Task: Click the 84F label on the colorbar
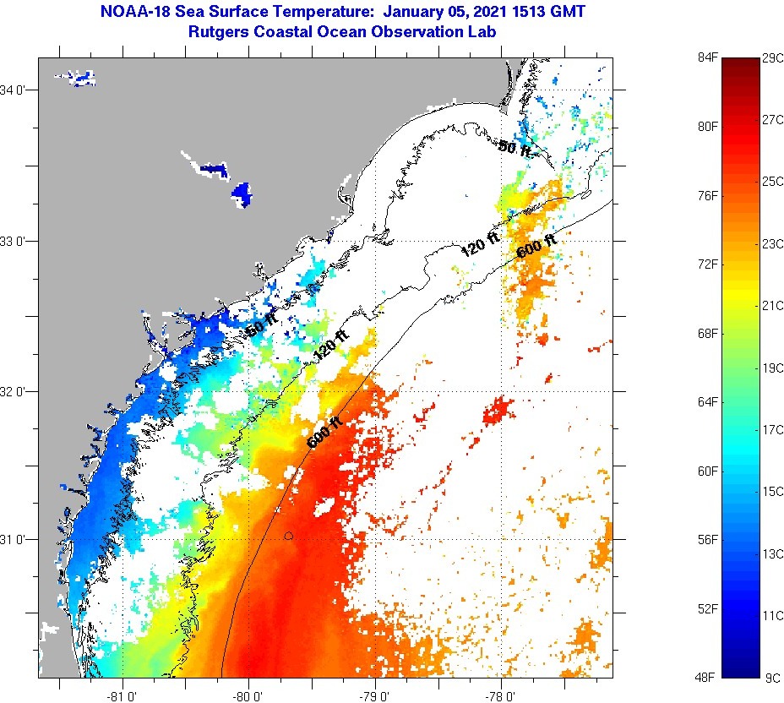(706, 57)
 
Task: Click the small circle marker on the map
(289, 536)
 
